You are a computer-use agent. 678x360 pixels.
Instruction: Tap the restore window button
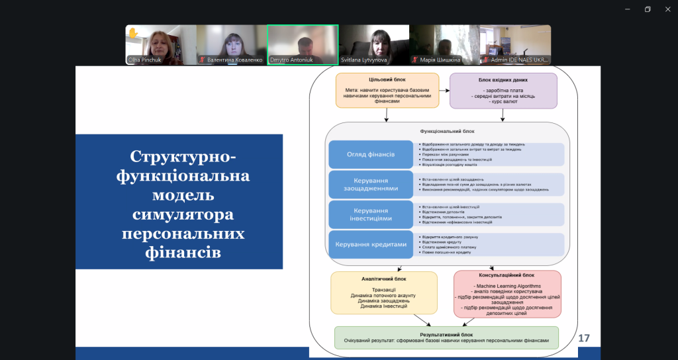[647, 9]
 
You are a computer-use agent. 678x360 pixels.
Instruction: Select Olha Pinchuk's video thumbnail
[160, 45]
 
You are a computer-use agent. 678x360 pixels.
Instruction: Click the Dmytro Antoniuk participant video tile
[303, 45]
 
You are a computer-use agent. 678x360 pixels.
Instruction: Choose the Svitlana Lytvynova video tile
[373, 45]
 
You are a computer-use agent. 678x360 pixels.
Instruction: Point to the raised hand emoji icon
[132, 32]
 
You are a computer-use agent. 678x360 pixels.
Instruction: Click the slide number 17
[584, 338]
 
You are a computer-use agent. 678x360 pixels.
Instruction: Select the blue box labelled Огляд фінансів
[371, 154]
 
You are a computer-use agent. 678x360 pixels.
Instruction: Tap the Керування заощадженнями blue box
[371, 184]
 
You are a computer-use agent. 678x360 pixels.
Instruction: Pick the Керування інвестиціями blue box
[371, 214]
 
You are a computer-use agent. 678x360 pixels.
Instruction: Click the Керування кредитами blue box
[371, 244]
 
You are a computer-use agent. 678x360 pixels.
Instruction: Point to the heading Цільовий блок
[387, 79]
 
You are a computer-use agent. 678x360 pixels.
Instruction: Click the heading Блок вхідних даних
[503, 79]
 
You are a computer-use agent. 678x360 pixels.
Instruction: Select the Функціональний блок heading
[447, 131]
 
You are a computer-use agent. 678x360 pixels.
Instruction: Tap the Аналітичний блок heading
[384, 279]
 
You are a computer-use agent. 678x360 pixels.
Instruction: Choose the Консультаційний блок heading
[507, 275]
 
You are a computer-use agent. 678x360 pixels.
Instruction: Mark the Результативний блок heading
[446, 335]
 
